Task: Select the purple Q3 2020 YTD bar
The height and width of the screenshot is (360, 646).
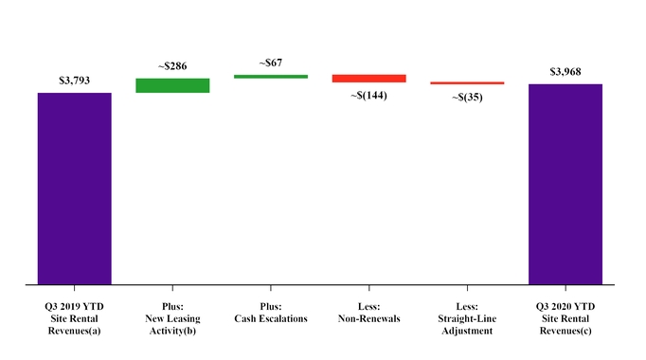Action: tap(565, 184)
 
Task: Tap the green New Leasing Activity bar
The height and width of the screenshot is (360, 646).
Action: tap(172, 85)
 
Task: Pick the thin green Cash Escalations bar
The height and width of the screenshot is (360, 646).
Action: tap(271, 76)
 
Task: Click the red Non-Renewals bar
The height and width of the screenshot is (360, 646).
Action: tap(368, 79)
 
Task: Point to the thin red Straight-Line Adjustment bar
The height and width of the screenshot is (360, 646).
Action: tap(467, 83)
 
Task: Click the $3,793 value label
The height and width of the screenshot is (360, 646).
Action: tap(74, 81)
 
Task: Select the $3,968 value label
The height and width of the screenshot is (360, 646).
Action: tap(565, 72)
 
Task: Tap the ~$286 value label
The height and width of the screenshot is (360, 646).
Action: tap(172, 67)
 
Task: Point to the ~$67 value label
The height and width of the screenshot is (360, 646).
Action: tap(271, 63)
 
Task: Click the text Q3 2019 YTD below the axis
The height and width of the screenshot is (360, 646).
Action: tap(75, 308)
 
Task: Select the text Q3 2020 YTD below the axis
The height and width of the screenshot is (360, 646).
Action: tap(565, 308)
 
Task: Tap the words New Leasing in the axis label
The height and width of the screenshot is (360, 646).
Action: tap(172, 319)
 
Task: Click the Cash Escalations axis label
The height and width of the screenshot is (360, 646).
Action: tap(271, 319)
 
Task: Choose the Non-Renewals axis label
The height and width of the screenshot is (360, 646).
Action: tap(368, 319)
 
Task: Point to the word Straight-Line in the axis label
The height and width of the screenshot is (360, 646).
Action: tap(467, 319)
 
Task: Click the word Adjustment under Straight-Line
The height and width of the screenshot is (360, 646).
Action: tap(467, 331)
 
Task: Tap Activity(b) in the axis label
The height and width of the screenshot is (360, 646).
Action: tap(172, 331)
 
